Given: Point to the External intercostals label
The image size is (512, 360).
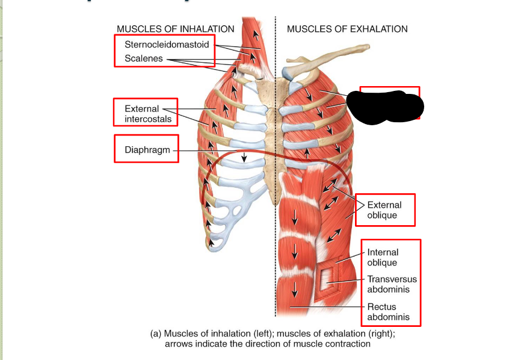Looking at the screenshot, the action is coord(148,114).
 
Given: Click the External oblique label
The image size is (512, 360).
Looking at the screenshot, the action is coord(383,210).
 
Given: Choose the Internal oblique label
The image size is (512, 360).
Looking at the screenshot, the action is coord(383,258).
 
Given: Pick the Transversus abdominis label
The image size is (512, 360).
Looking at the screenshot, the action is coord(392,284).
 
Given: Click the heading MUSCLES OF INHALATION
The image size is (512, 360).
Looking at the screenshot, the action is coord(175,29).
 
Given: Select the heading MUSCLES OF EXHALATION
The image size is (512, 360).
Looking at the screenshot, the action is coord(347,29).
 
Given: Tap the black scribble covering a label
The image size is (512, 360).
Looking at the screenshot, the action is coord(387,107).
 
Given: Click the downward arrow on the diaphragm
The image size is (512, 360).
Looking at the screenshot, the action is coord(244,158).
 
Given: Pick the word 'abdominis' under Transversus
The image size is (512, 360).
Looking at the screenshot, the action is coord(389,290).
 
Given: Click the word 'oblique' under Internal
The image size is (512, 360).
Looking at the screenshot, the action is coord(382,263).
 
